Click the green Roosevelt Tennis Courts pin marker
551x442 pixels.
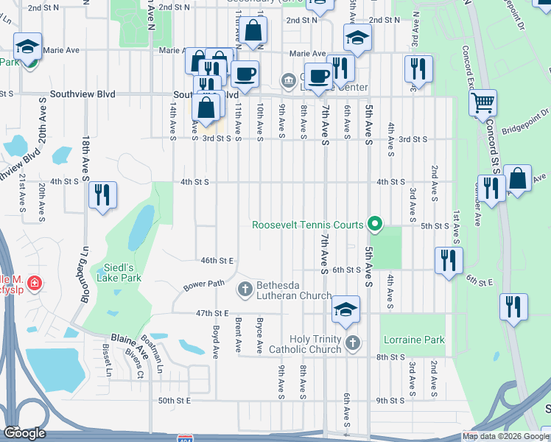[x=375, y=224]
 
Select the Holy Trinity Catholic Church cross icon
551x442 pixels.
[x=353, y=343]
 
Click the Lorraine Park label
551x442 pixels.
[x=414, y=340]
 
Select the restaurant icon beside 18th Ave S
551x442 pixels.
[x=102, y=194]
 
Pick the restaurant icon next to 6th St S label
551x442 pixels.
[x=448, y=260]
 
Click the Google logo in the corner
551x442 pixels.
[x=24, y=433]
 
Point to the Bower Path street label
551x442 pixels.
[x=204, y=284]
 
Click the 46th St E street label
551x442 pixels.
[x=217, y=260]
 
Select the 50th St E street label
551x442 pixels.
[x=175, y=400]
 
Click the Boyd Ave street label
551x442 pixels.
[x=216, y=343]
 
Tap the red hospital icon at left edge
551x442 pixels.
[x=35, y=281]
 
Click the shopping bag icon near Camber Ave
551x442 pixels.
[x=517, y=179]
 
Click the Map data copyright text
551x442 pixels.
[x=505, y=436]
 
